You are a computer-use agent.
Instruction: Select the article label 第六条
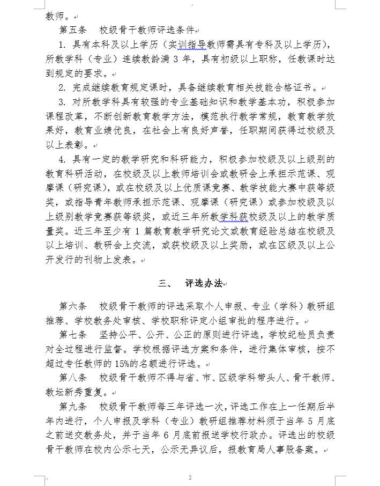coord(72,306)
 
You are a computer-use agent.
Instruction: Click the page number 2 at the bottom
coord(190,477)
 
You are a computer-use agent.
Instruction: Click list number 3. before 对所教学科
coord(62,102)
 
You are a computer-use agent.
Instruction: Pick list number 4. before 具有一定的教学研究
coord(62,160)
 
